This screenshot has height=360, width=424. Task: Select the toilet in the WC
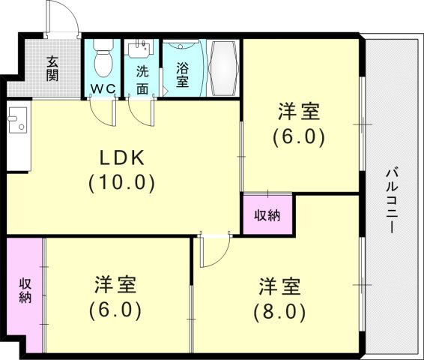pyautogui.click(x=102, y=58)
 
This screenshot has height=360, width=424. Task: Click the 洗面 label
pyautogui.click(x=142, y=80)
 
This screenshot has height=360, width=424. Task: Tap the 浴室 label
pyautogui.click(x=182, y=75)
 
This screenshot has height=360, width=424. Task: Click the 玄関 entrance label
pyautogui.click(x=53, y=68)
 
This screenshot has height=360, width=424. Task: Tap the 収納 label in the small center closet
pyautogui.click(x=267, y=215)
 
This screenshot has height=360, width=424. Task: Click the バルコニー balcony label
pyautogui.click(x=393, y=199)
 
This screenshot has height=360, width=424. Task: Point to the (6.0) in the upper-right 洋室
pyautogui.click(x=299, y=136)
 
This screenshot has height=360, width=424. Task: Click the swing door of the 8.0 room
pyautogui.click(x=212, y=247)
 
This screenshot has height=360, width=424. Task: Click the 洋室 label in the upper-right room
pyautogui.click(x=299, y=112)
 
